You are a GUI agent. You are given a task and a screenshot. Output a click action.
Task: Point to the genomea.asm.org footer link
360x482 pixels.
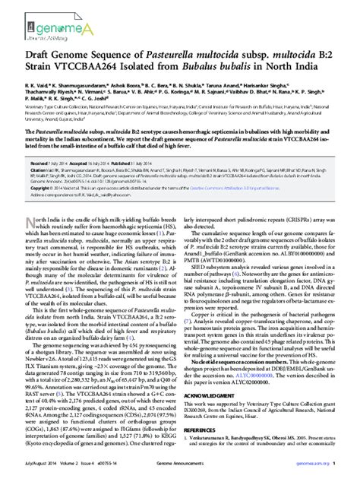click(320, 473)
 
